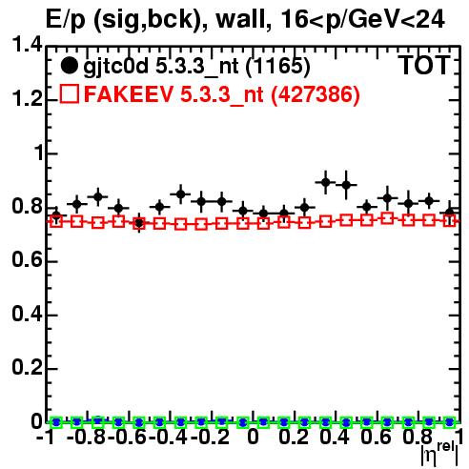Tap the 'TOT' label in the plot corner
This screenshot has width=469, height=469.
point(424,65)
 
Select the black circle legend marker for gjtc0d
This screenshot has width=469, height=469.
point(69,66)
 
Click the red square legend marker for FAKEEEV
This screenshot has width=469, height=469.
point(70,93)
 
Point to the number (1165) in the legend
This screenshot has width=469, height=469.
point(277,67)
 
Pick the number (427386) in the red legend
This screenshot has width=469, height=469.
point(315,94)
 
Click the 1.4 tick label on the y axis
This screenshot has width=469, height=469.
point(27,45)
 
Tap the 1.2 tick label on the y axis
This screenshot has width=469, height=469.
point(27,98)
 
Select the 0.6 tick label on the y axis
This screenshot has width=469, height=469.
point(27,260)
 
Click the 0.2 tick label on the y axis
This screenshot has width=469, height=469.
point(27,367)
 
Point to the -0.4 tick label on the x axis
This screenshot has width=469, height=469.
point(168,437)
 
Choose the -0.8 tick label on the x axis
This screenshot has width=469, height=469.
point(87,437)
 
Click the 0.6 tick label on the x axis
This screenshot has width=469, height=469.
point(376,437)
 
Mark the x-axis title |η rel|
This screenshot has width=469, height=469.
point(439,454)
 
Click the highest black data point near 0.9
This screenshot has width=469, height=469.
point(325,182)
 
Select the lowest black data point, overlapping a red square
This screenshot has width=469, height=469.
point(139,223)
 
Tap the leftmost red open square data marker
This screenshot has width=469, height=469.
point(56,221)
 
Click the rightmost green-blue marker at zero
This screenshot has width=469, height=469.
point(449,422)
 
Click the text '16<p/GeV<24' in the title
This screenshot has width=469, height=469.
point(362,19)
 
